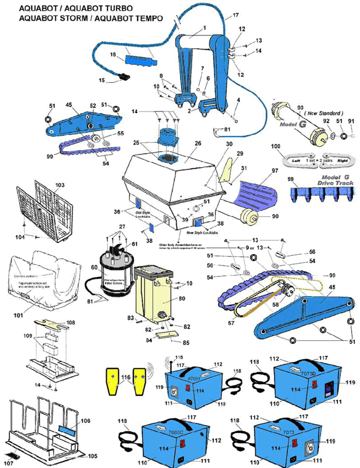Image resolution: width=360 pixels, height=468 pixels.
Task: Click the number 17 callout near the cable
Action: coord(220,15)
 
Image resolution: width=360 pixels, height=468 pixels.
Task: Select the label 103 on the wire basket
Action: coord(60,184)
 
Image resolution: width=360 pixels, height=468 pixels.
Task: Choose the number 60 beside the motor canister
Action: coord(94,268)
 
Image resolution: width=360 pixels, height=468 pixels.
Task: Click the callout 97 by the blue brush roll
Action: coord(274,171)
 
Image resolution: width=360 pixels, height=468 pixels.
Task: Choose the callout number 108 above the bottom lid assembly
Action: coord(70,323)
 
